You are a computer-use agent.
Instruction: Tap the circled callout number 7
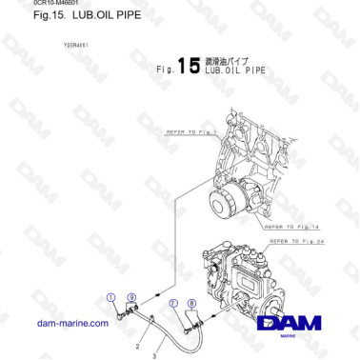click(172, 303)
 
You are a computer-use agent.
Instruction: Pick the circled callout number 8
click(193, 303)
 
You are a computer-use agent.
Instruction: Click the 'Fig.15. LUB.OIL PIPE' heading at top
click(73, 16)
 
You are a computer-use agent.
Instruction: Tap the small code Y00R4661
click(76, 45)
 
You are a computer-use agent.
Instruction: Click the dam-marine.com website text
click(71, 324)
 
